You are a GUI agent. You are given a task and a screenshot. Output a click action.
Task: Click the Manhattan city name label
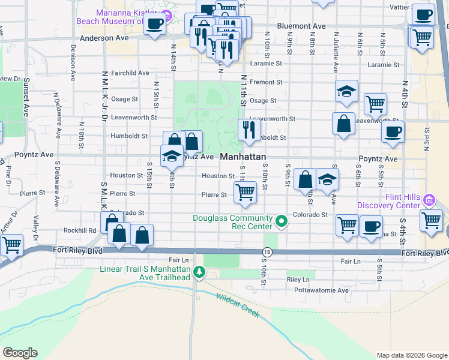243,157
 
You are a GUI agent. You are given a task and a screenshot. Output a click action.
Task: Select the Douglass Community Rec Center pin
281,223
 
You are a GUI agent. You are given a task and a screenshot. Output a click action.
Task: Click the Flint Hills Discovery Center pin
429,200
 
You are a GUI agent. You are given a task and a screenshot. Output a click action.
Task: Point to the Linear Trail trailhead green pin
199,274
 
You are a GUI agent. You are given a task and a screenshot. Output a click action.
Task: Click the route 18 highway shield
267,253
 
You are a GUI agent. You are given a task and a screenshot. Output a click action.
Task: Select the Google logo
20,353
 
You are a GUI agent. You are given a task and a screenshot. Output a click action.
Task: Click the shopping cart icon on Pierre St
245,192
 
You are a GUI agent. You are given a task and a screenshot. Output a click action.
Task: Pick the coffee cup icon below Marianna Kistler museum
155,23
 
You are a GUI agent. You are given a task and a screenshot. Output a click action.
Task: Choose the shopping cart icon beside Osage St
375,103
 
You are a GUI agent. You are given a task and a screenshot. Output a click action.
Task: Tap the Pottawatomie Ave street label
326,290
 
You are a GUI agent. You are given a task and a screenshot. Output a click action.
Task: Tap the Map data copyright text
412,355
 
